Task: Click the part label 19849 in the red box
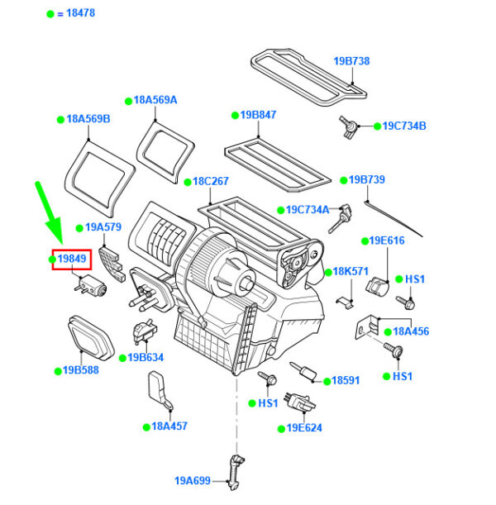[71, 259]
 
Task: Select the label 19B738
[351, 61]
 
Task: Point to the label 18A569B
[88, 119]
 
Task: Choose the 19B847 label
[259, 115]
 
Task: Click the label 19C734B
[403, 126]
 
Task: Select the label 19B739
[367, 179]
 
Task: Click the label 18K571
[351, 271]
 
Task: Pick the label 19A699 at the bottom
[193, 479]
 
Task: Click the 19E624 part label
[304, 427]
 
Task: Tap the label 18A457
[169, 426]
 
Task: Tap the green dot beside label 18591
[326, 381]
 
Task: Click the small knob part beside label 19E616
[376, 287]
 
